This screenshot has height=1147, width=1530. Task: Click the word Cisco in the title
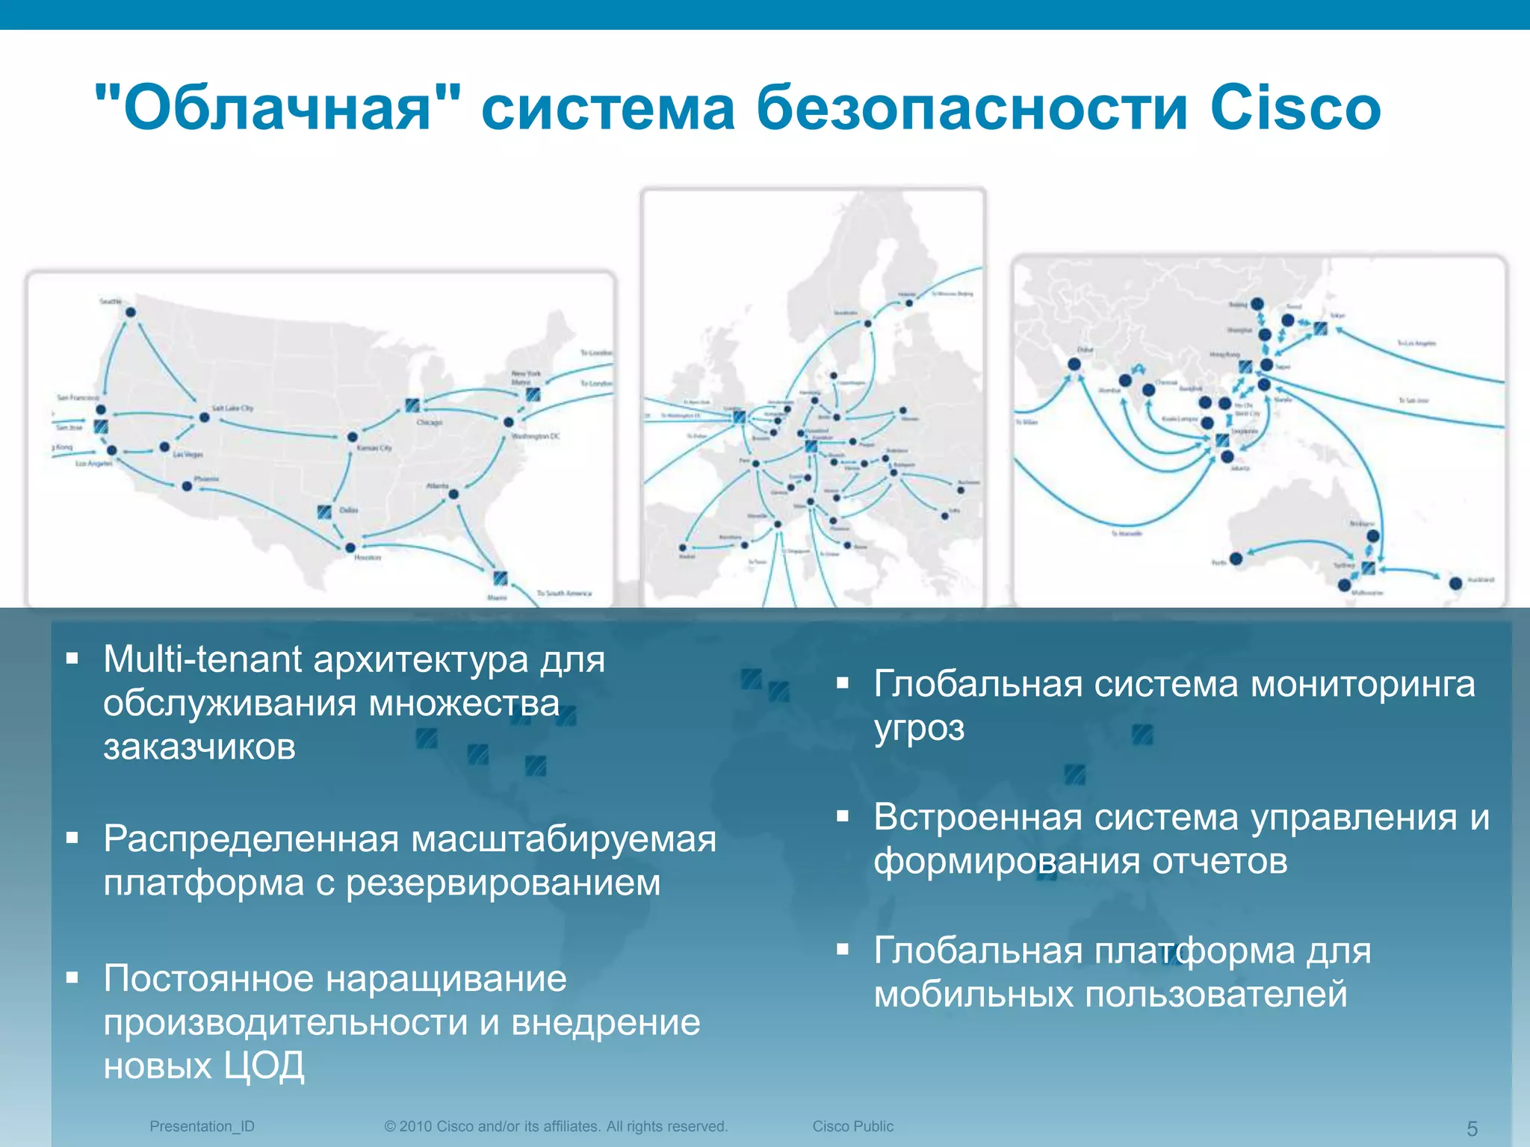1295,108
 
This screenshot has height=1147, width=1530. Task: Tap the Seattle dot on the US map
131,312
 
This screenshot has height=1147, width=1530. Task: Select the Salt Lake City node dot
204,417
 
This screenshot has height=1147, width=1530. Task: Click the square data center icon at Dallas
324,512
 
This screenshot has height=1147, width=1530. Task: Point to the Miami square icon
501,577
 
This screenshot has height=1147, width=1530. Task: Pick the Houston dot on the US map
350,547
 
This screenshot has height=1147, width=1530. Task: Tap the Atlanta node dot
453,494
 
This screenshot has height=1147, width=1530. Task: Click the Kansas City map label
374,448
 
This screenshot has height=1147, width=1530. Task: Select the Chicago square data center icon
412,405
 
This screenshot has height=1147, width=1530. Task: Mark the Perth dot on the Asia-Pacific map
1236,559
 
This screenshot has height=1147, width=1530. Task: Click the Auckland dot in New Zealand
1455,583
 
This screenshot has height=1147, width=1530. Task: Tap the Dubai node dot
1074,364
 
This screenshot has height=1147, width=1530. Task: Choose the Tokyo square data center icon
1320,328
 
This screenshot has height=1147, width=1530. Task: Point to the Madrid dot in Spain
683,547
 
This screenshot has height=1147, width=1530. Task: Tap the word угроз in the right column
919,728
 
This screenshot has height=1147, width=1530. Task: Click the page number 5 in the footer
1472,1128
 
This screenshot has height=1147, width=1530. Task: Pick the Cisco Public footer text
852,1126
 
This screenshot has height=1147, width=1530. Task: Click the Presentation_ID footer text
202,1126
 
